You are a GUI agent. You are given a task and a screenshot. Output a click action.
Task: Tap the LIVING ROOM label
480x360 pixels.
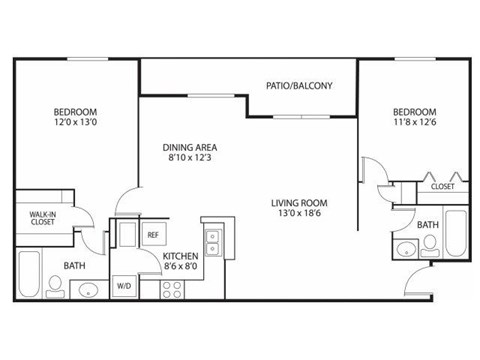pyautogui.click(x=300, y=204)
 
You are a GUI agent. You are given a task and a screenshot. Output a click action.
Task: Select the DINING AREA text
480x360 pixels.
pyautogui.click(x=190, y=148)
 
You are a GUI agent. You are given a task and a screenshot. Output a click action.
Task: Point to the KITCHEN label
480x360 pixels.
pyautogui.click(x=181, y=255)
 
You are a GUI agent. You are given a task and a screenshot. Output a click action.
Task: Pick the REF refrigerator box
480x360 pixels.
pyautogui.click(x=153, y=235)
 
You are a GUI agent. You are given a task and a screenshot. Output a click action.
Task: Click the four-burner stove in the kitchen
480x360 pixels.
pyautogui.click(x=172, y=288)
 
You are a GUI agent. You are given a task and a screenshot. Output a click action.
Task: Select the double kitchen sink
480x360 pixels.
pyautogui.click(x=211, y=240)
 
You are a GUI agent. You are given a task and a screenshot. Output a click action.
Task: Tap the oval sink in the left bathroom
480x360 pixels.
pyautogui.click(x=88, y=291)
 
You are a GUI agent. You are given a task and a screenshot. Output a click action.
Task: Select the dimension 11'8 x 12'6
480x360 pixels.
pyautogui.click(x=414, y=122)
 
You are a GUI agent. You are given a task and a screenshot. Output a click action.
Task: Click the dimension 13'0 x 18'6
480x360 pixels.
pyautogui.click(x=300, y=215)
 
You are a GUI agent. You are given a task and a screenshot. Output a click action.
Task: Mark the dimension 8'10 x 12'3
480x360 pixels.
pyautogui.click(x=190, y=159)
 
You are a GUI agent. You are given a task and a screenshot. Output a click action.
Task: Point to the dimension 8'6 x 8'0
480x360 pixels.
pyautogui.click(x=181, y=267)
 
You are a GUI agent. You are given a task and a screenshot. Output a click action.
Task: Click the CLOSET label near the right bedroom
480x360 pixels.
pyautogui.click(x=442, y=187)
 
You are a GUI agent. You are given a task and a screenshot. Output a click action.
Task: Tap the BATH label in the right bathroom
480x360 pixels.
pyautogui.click(x=427, y=226)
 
